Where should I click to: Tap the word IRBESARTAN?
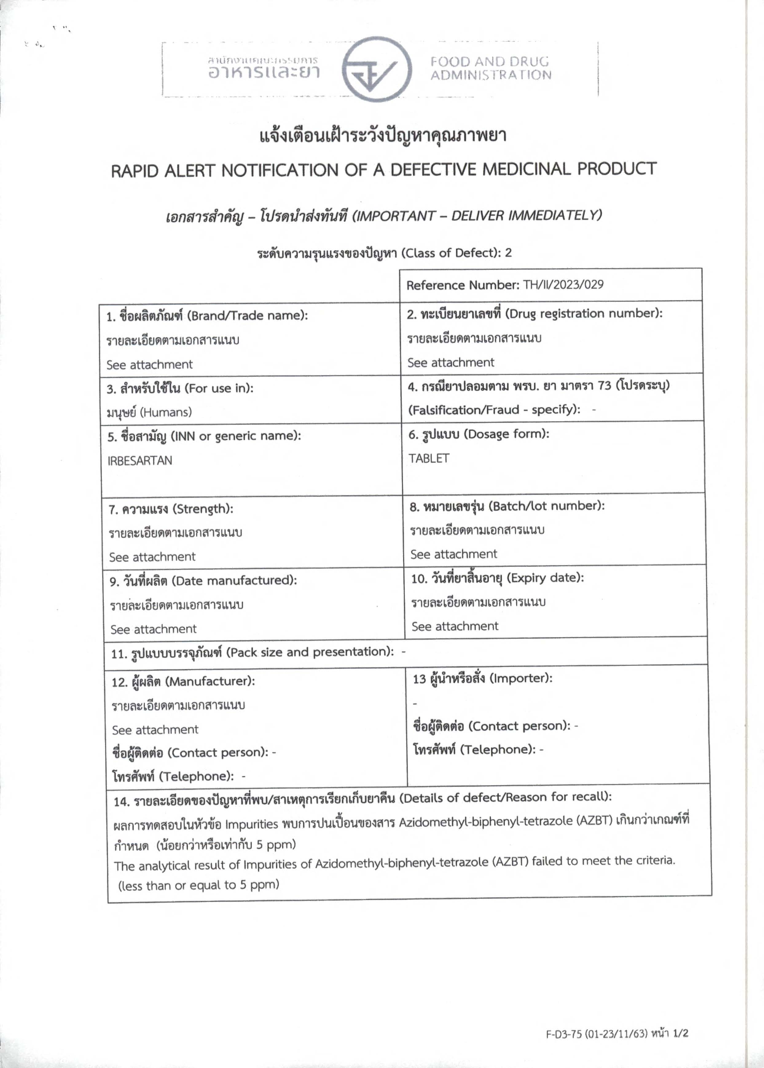click(x=140, y=460)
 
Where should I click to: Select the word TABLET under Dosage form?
click(x=429, y=458)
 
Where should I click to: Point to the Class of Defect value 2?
click(x=508, y=253)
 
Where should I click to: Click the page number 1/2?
click(x=681, y=1033)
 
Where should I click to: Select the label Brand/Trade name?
click(x=247, y=315)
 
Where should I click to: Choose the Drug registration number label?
click(x=583, y=314)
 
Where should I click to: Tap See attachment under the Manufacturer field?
click(x=155, y=730)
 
